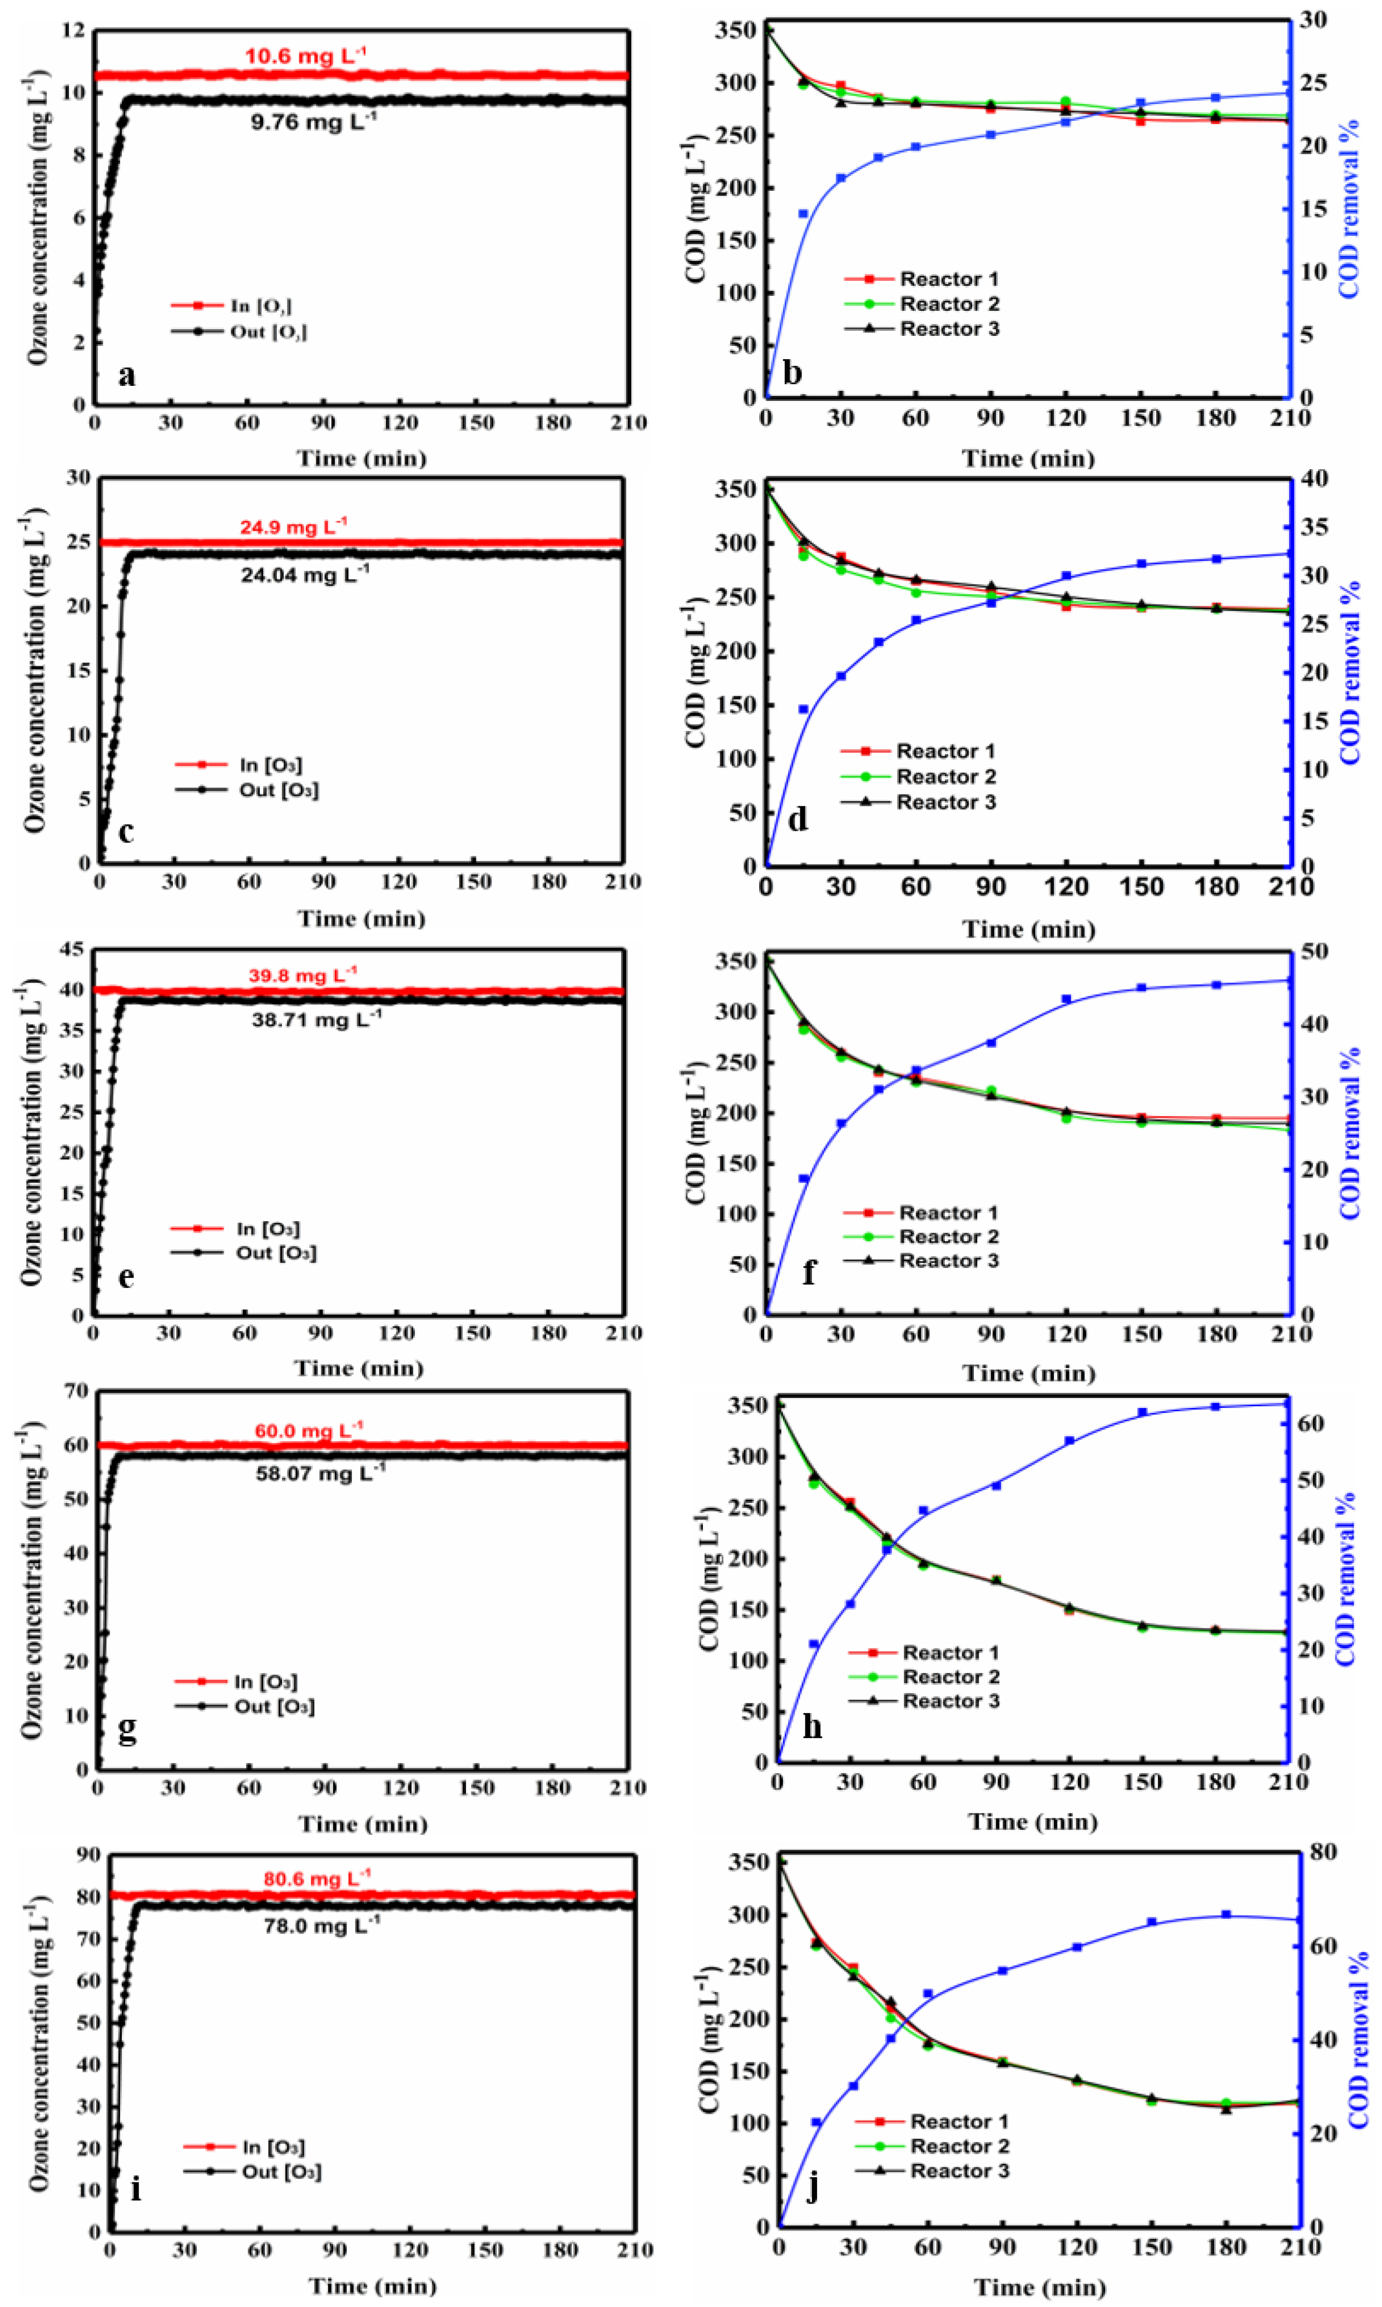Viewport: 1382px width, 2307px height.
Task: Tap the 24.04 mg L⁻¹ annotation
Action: coord(304,574)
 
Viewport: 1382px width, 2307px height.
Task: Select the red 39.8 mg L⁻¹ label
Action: coord(302,976)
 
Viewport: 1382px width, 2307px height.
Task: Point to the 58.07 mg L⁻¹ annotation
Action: coord(319,1473)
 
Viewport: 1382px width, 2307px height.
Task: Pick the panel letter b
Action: coord(792,373)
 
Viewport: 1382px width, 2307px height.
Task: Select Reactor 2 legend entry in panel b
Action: coord(949,304)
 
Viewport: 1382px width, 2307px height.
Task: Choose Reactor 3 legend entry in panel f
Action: coord(948,1261)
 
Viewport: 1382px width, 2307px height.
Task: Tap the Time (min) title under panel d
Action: coord(1028,929)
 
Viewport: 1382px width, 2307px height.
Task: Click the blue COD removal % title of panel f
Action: coord(1349,1133)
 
